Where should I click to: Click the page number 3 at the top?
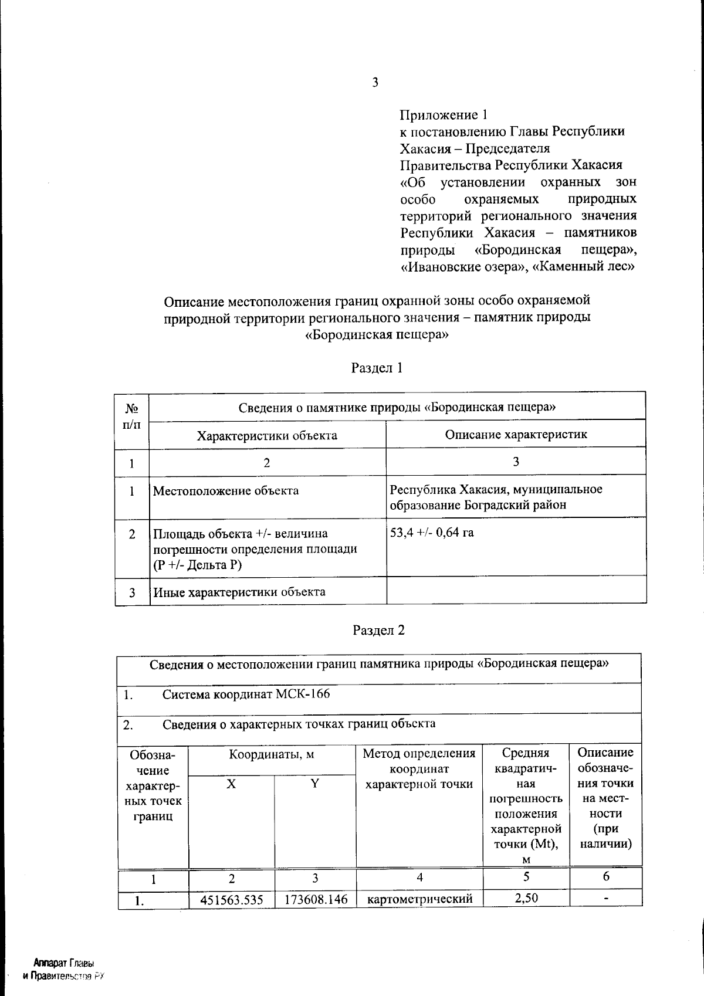point(375,83)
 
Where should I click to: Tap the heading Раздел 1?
point(377,368)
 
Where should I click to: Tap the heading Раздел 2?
point(378,630)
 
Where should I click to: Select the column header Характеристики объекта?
point(267,435)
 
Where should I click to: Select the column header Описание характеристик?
point(516,434)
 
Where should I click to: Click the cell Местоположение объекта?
point(226,491)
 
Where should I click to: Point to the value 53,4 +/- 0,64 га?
point(432,533)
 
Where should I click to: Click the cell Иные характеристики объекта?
point(239,592)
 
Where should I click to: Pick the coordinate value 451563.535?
point(231,899)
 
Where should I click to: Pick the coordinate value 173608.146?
point(316,899)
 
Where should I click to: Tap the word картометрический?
point(419,899)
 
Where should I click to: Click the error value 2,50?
point(526,898)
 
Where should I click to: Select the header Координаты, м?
point(272,754)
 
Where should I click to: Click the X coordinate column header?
point(231,784)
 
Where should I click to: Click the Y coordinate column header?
point(315,784)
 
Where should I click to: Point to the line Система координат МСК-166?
point(246,695)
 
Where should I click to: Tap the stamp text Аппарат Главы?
point(64,964)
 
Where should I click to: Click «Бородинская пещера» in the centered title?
point(377,336)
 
